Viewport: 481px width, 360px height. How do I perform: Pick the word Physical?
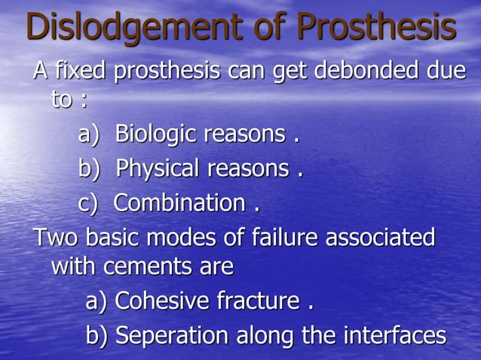(x=161, y=169)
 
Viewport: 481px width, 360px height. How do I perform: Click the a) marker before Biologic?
(x=89, y=136)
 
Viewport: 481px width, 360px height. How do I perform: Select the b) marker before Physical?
(x=89, y=169)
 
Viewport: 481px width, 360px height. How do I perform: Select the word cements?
(x=152, y=267)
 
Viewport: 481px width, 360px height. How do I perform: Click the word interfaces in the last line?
(x=388, y=335)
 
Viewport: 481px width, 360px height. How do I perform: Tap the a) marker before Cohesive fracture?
(x=97, y=302)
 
